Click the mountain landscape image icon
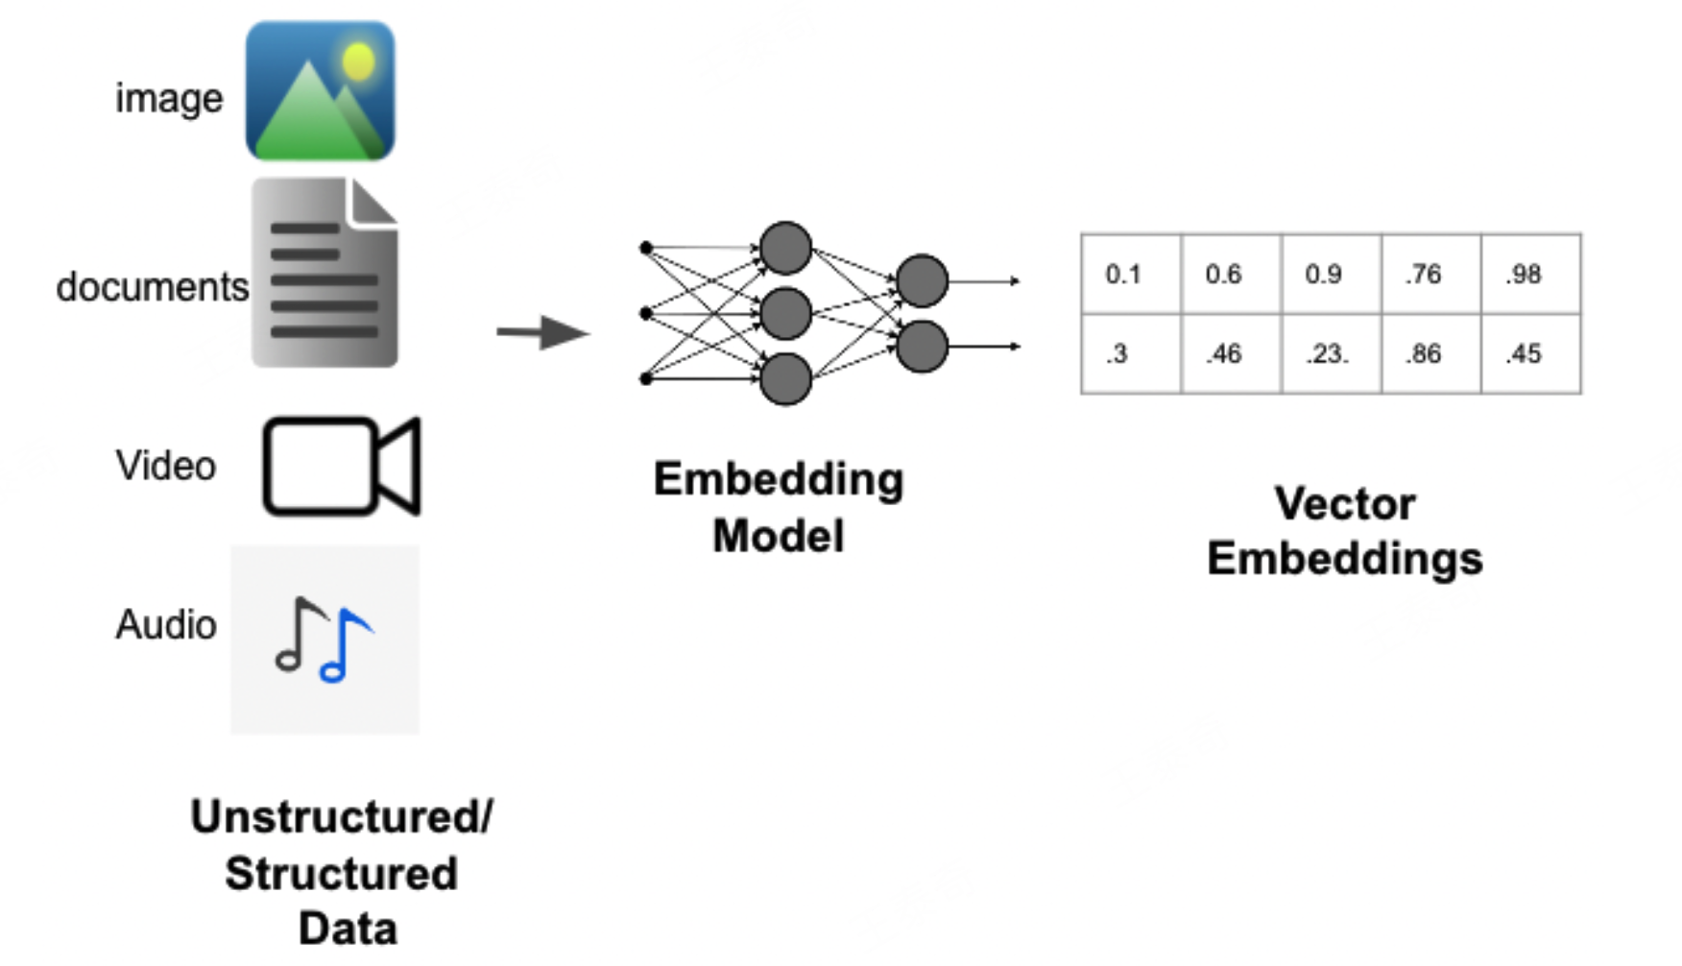tap(320, 91)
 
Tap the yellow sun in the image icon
tap(358, 60)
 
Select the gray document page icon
tap(324, 273)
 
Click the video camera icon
tap(342, 466)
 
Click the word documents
tap(152, 286)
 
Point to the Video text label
tap(165, 466)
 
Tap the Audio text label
tap(165, 624)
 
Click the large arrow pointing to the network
tap(542, 332)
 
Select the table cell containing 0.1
tap(1131, 274)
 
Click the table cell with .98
tap(1530, 274)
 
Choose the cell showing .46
tap(1231, 353)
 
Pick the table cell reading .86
tap(1430, 353)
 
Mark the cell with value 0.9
tap(1331, 274)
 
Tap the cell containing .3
tap(1131, 353)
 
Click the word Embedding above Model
tap(778, 479)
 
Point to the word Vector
tap(1344, 503)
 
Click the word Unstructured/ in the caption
tap(341, 817)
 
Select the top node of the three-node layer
tap(785, 248)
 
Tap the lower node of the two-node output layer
tap(922, 347)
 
